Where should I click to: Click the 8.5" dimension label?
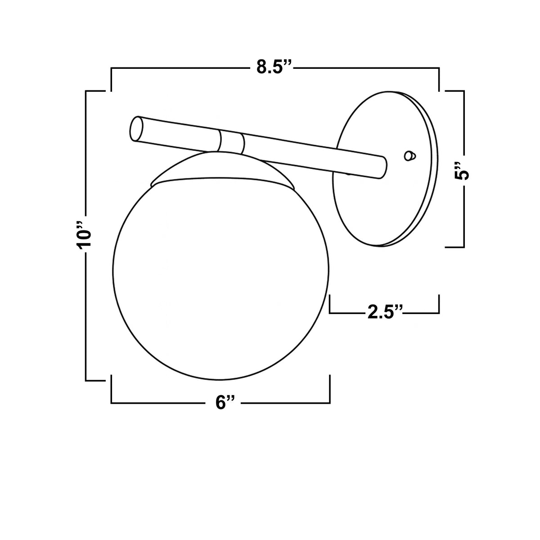point(274,67)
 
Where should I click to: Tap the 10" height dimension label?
point(84,235)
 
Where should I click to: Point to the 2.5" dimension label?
point(385,313)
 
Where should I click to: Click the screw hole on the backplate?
point(409,156)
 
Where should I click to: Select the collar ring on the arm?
point(232,143)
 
